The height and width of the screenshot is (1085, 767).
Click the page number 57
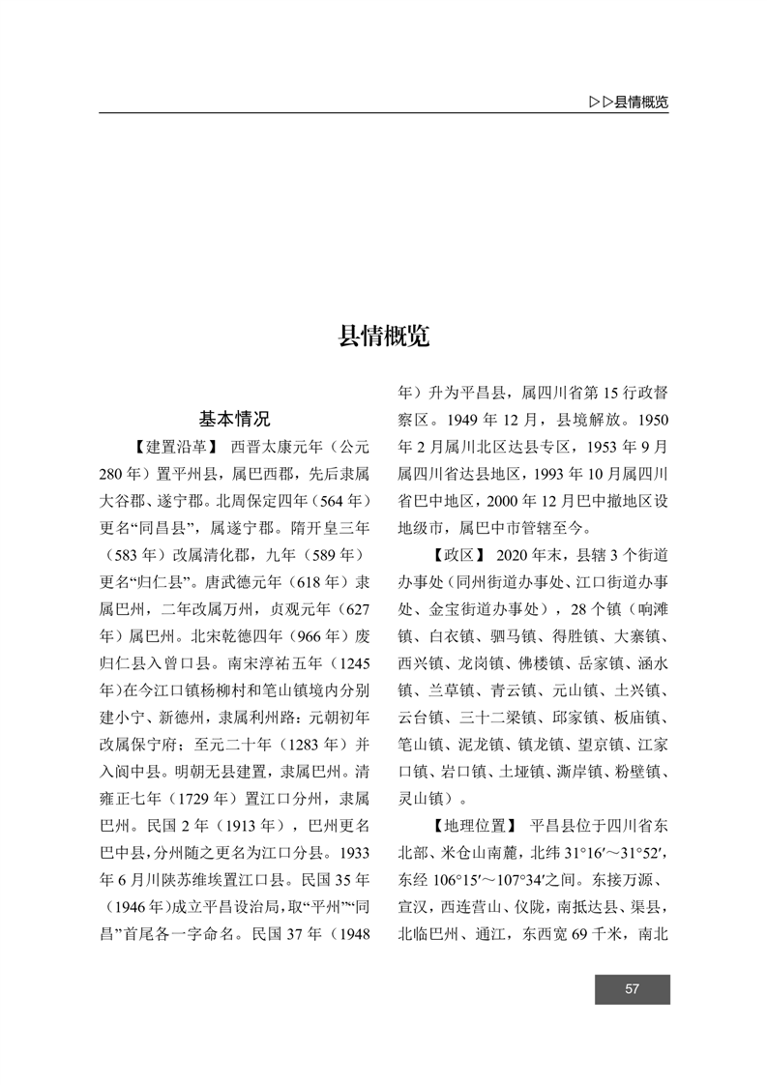(x=633, y=988)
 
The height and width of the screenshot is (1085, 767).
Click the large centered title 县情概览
(x=384, y=337)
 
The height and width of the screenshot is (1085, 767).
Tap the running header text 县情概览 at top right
(x=641, y=103)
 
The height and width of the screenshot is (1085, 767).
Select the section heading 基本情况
(x=234, y=419)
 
